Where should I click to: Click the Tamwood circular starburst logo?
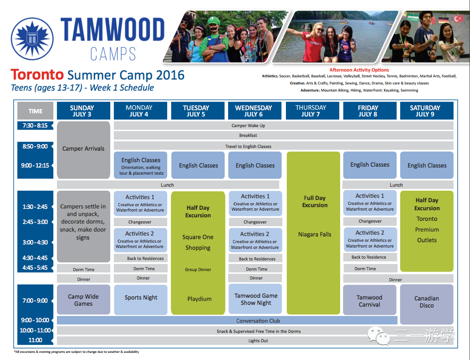click(x=32, y=39)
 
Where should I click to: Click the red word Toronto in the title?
click(x=37, y=75)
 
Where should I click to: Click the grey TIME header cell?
click(x=36, y=111)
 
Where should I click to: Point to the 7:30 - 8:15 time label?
click(x=35, y=125)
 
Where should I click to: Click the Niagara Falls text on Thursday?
click(x=315, y=235)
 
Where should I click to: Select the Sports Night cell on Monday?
click(x=141, y=300)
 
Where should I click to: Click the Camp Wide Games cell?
click(x=83, y=300)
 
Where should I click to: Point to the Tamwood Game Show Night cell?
click(x=255, y=299)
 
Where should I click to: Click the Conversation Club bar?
click(x=227, y=320)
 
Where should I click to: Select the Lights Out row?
click(x=255, y=340)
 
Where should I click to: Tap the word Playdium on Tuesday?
click(x=199, y=299)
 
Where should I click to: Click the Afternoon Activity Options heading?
click(x=359, y=70)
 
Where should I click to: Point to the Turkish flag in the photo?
click(x=458, y=20)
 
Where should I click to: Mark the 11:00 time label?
click(x=35, y=340)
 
